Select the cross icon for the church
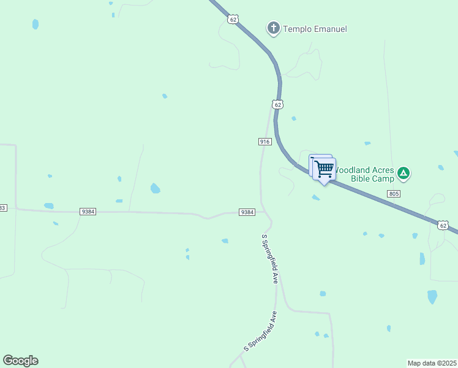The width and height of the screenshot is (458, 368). click(x=273, y=28)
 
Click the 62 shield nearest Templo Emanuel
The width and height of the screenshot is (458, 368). click(x=233, y=19)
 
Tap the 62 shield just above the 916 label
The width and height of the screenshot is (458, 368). click(x=278, y=105)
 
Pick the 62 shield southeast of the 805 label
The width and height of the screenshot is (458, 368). click(x=443, y=226)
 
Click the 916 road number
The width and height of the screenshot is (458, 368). click(x=265, y=142)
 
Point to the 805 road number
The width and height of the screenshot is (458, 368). click(x=394, y=194)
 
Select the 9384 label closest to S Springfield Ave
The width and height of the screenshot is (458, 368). click(x=247, y=212)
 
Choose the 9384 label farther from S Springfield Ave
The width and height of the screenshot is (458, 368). click(x=88, y=212)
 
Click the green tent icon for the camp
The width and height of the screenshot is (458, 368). click(x=404, y=173)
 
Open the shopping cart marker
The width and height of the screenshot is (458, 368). click(x=324, y=168)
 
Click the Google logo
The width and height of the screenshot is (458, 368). click(x=20, y=361)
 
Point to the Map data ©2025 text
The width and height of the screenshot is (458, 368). click(x=432, y=363)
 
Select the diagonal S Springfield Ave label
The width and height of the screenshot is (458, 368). click(x=260, y=331)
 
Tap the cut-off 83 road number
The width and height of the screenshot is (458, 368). click(x=2, y=208)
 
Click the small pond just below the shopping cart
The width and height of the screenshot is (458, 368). click(x=315, y=197)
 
